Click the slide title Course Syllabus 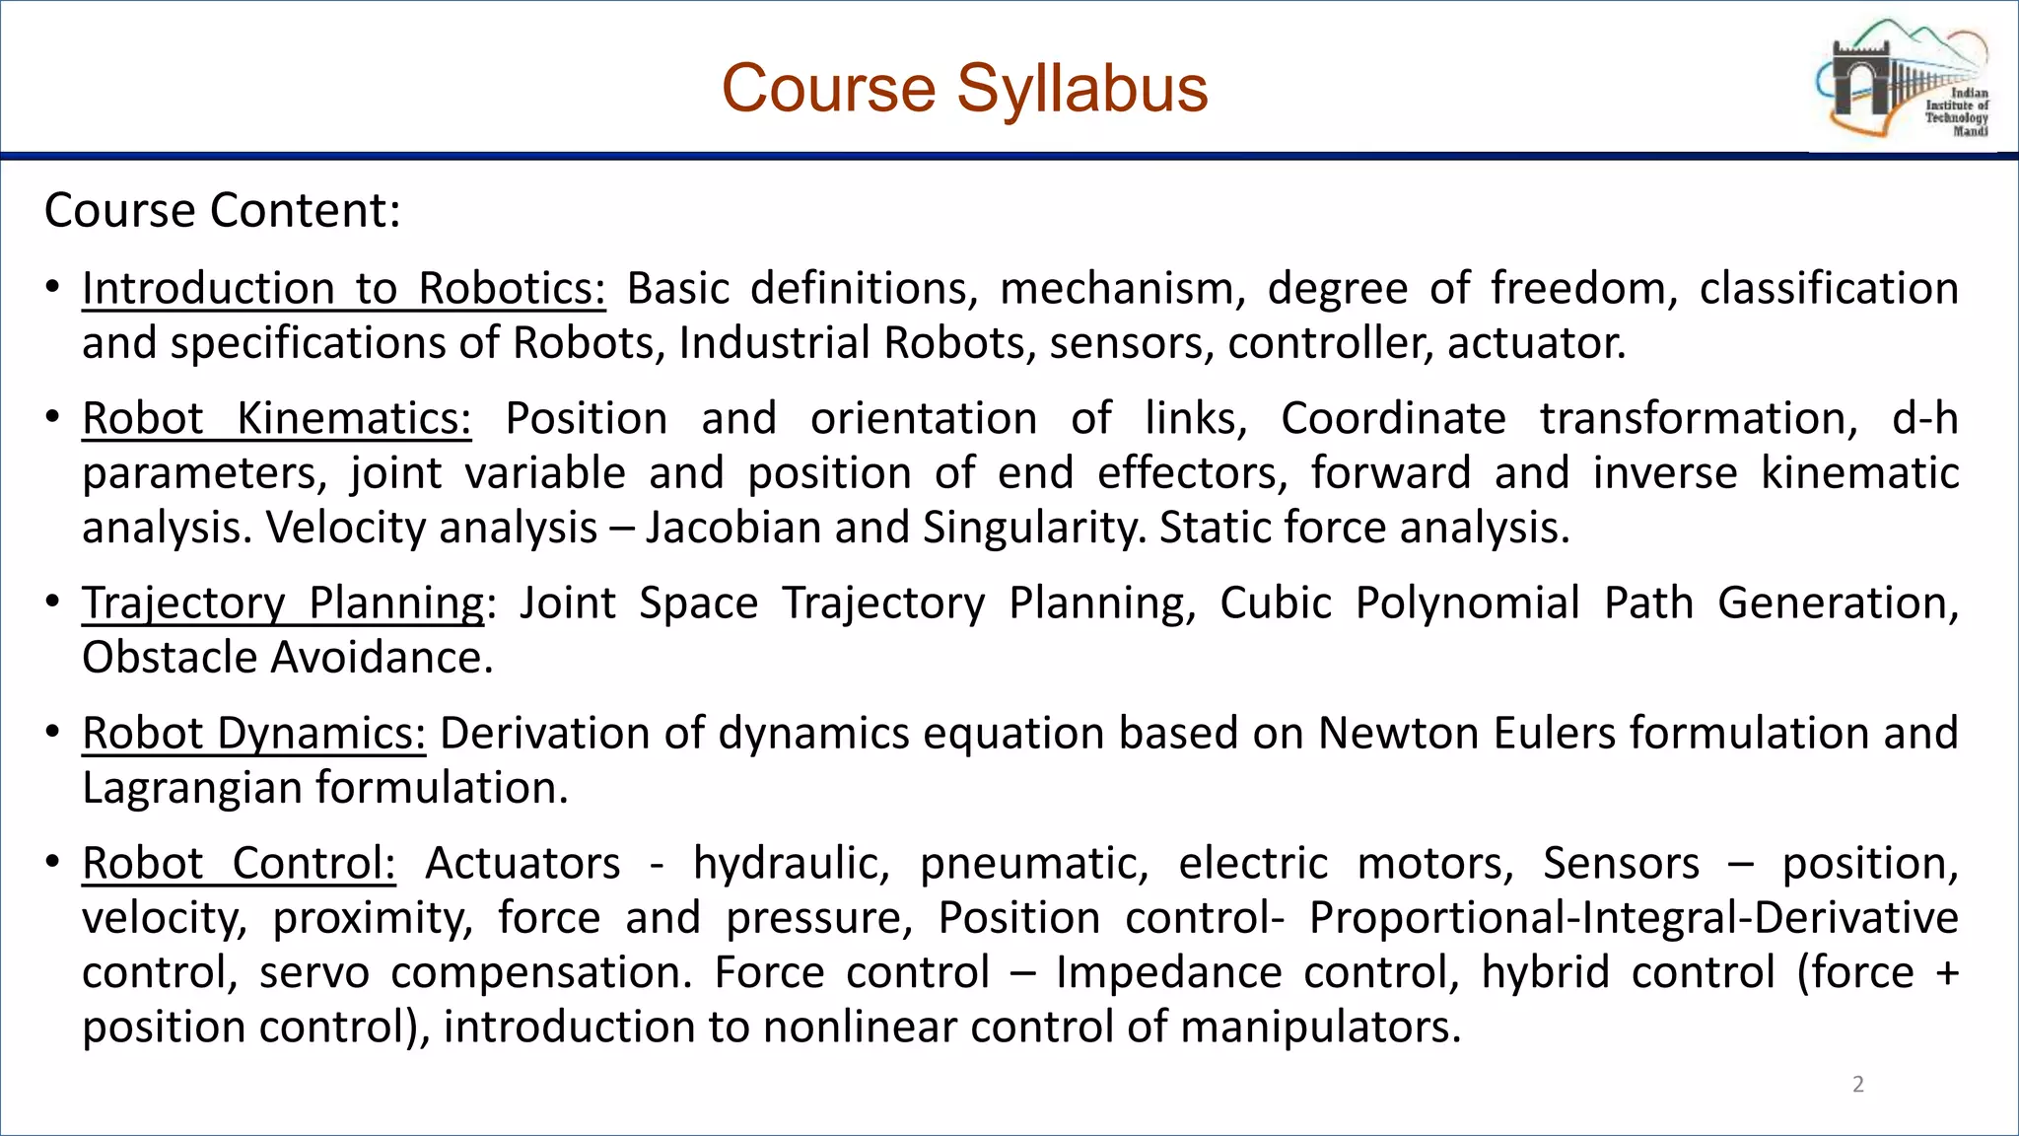(964, 89)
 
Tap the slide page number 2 (1858, 1084)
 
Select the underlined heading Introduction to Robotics (343, 289)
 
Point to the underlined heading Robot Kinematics (276, 419)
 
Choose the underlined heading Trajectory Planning (283, 603)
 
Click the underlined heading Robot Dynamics (253, 734)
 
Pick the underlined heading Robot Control (239, 864)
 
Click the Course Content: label (223, 211)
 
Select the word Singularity (1034, 529)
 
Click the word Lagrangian (193, 788)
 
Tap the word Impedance (1168, 973)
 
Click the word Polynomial (1467, 603)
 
